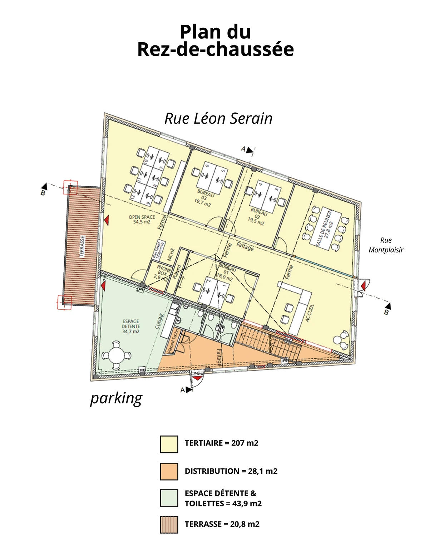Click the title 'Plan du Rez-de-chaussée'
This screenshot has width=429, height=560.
tap(215, 40)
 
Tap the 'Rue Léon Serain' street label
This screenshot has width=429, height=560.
tap(218, 118)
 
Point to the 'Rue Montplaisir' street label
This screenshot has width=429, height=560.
tap(385, 245)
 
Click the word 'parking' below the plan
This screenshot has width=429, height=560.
tap(116, 398)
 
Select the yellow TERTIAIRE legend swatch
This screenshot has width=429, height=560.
tap(169, 444)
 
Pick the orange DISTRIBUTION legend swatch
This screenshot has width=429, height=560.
tap(169, 471)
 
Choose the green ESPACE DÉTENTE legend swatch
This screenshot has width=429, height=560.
tap(169, 498)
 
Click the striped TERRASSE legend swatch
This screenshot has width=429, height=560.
tap(169, 525)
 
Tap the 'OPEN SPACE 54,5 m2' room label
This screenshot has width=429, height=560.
tap(142, 219)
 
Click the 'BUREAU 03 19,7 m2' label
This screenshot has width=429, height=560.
tap(203, 198)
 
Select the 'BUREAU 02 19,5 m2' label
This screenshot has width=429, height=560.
tap(257, 216)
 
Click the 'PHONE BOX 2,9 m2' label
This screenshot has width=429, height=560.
tap(163, 272)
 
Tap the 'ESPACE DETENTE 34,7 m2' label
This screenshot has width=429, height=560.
tap(131, 326)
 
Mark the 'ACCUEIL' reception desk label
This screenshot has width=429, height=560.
tap(310, 313)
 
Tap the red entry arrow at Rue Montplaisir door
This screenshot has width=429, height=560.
tap(363, 286)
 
